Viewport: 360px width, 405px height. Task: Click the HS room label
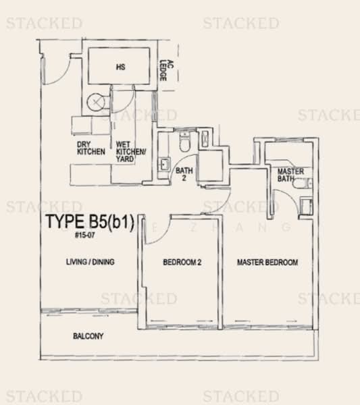[121, 67]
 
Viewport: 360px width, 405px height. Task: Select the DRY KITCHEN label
[91, 148]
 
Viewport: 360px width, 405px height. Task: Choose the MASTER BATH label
[290, 175]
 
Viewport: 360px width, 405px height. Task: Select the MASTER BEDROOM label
[267, 262]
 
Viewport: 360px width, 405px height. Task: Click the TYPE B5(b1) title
[93, 221]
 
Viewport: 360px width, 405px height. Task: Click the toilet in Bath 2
[184, 142]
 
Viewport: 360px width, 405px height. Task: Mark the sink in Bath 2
[164, 165]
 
